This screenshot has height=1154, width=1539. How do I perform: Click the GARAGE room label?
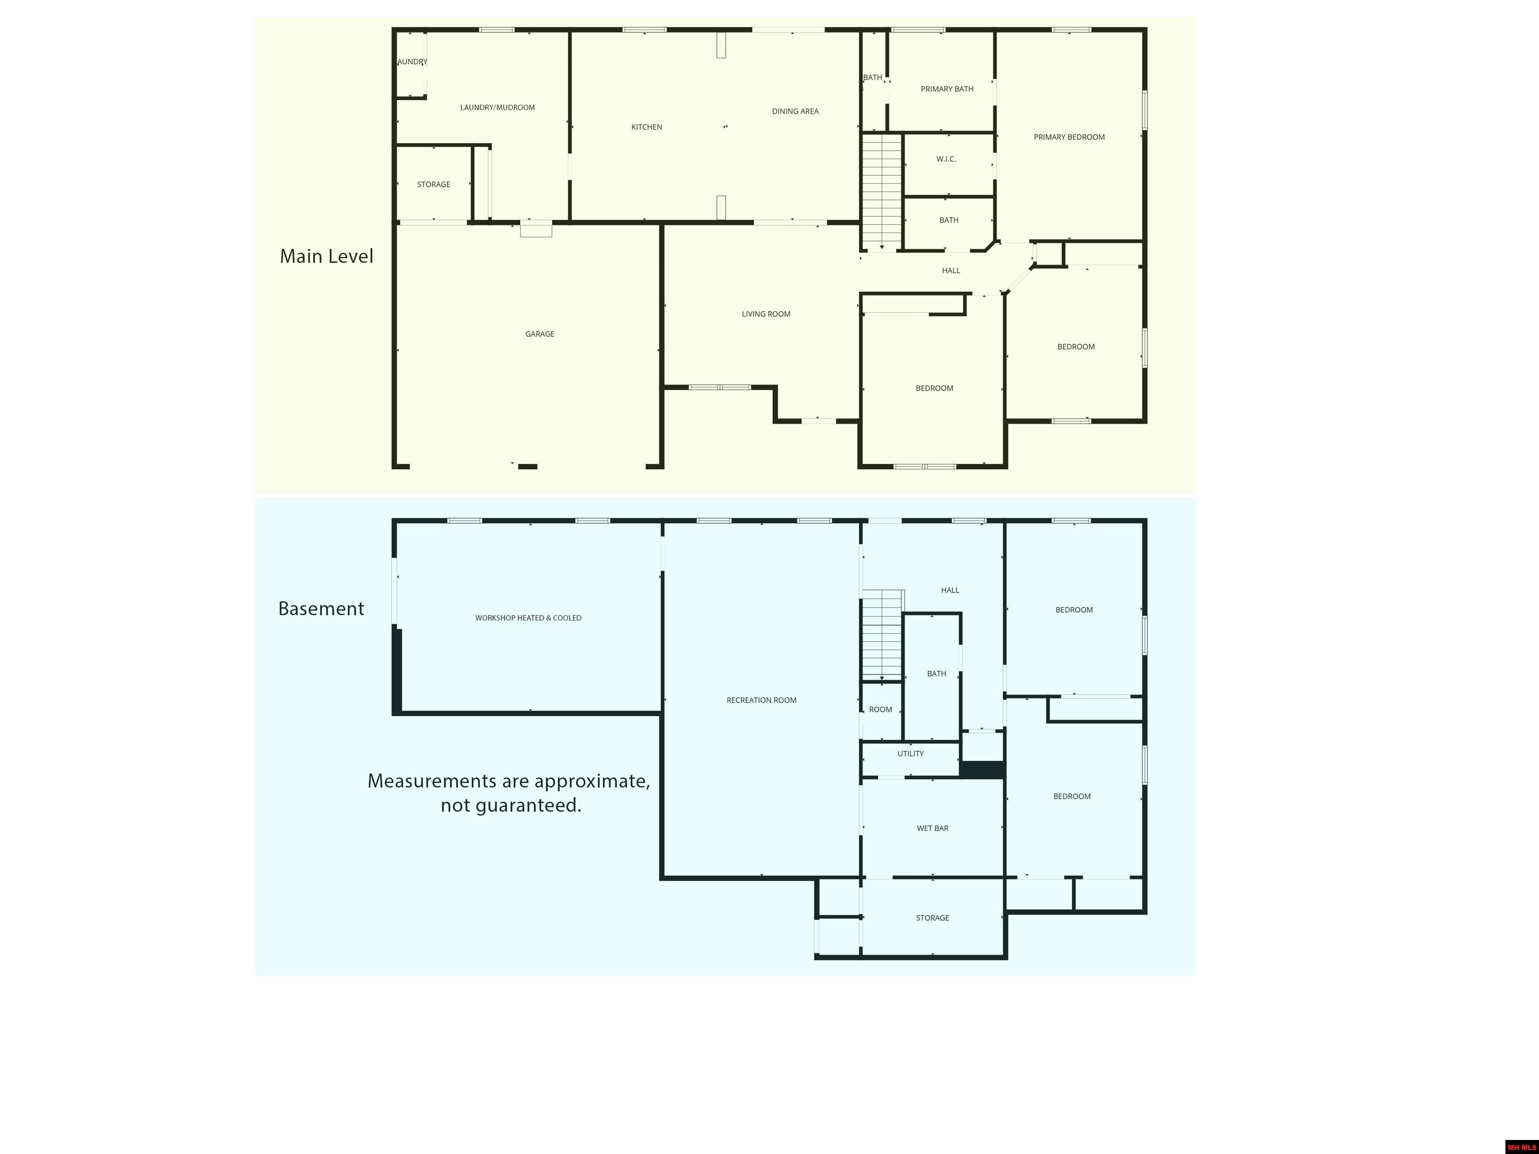(540, 334)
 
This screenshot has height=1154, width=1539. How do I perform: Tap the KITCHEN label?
(646, 127)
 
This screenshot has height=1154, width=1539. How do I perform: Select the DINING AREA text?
(795, 111)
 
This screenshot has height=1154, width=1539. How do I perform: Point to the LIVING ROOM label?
(766, 314)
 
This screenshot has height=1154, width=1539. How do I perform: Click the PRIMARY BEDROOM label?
(1070, 137)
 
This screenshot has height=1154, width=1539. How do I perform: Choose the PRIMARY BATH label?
(947, 89)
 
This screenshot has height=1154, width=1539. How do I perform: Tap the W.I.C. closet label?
(946, 159)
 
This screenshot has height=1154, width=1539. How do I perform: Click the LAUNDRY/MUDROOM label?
(497, 108)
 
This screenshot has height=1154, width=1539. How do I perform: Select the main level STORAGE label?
(433, 184)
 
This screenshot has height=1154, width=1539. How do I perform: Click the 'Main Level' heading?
(326, 256)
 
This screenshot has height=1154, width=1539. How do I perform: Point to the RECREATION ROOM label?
(761, 701)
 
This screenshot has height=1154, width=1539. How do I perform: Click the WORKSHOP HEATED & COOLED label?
(528, 618)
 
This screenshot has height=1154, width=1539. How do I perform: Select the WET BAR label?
(932, 828)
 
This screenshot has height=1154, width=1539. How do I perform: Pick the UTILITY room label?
(911, 754)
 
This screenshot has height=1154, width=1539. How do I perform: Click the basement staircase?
(883, 635)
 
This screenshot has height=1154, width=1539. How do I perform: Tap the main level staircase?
(882, 191)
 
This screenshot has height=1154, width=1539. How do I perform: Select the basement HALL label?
(950, 591)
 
